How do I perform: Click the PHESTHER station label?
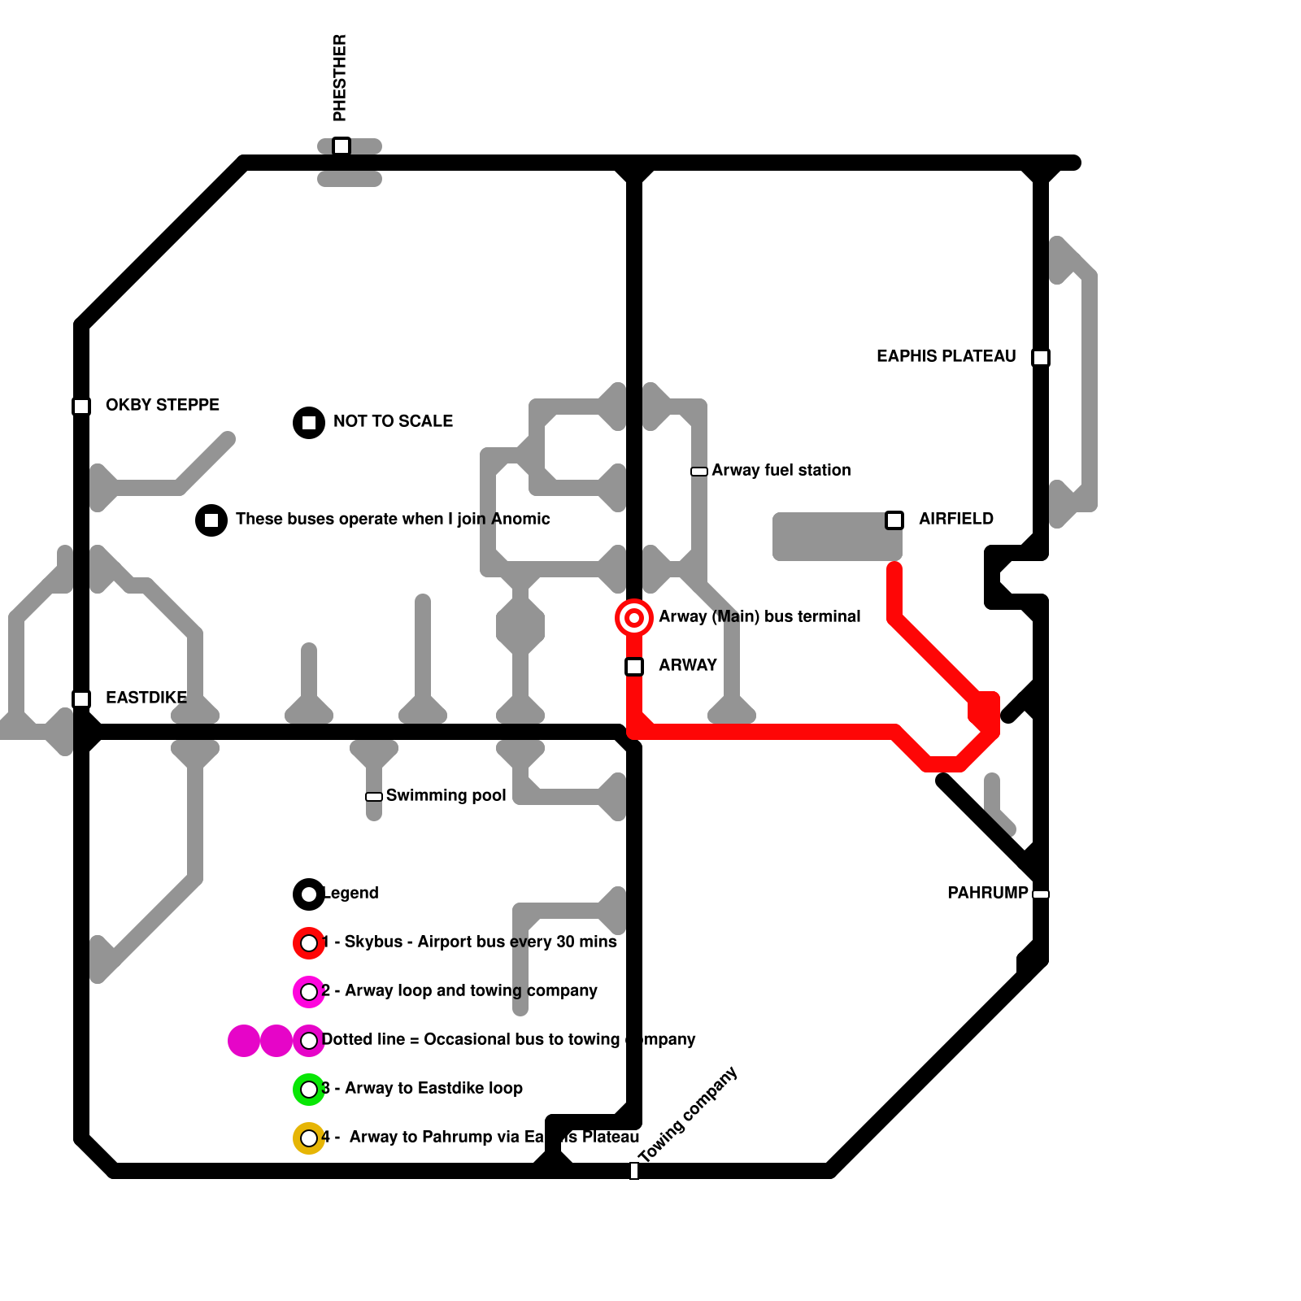(x=340, y=78)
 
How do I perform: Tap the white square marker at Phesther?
(x=342, y=146)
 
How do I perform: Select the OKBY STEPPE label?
(x=163, y=405)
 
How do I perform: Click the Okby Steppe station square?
(x=81, y=406)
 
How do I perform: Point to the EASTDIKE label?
(x=146, y=698)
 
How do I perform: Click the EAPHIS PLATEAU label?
(x=946, y=356)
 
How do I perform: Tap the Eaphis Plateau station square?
(x=1041, y=357)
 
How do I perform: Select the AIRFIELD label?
(x=956, y=519)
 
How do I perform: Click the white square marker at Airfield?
(x=894, y=520)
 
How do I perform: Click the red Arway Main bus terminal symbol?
(x=634, y=618)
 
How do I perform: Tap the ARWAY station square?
(x=634, y=667)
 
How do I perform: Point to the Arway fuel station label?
(x=781, y=470)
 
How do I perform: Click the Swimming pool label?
(x=446, y=795)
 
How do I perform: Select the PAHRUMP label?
(x=987, y=893)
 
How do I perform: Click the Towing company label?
(x=688, y=1114)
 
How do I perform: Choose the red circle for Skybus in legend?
(x=309, y=943)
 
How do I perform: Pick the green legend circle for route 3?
(x=309, y=1090)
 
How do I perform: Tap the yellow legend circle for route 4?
(x=309, y=1138)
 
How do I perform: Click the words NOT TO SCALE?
(x=393, y=421)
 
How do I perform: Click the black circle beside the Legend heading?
(x=309, y=894)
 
